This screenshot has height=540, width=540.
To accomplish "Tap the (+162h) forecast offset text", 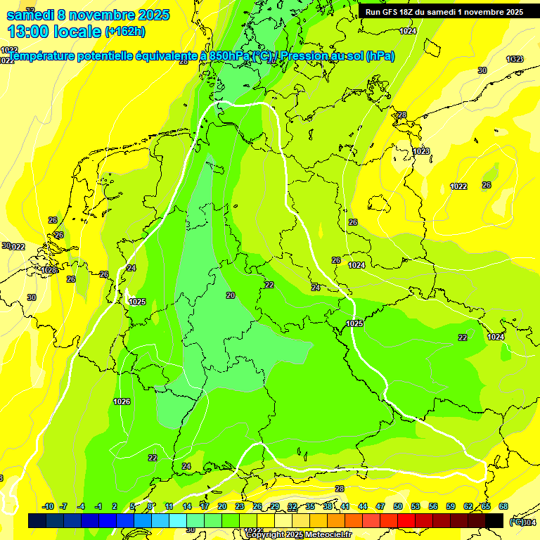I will tap(125, 32).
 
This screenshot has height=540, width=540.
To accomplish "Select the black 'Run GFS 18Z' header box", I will tap(444, 12).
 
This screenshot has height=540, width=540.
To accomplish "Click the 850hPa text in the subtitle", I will tap(228, 56).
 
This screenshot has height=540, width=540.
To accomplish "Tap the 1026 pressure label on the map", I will tap(122, 401).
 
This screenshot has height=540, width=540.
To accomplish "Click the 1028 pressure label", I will tap(49, 270).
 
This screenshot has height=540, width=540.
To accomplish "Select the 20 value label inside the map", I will tap(231, 295).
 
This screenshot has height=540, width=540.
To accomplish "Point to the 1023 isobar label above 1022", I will tap(421, 151).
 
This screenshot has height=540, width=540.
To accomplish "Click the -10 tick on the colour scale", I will tap(48, 506).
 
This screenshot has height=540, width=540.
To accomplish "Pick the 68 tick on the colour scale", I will tap(503, 506).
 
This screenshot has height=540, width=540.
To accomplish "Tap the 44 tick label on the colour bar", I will tap(363, 506).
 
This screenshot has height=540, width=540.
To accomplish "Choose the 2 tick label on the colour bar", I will tap(115, 506).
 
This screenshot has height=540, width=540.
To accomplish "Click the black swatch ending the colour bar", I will tap(494, 520).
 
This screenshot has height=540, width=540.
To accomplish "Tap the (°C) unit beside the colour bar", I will tap(515, 521).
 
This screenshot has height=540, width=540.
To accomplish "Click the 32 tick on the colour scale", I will tap(292, 506).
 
